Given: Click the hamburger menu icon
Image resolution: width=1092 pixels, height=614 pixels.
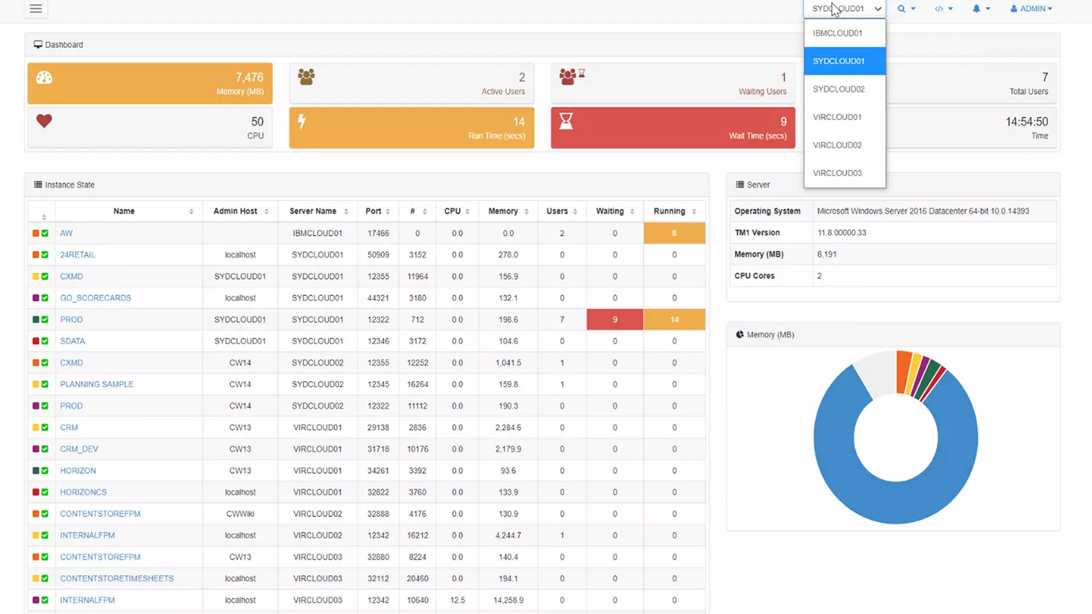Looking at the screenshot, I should (x=36, y=8).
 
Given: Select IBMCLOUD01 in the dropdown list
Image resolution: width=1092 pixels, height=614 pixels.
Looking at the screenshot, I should (x=838, y=33).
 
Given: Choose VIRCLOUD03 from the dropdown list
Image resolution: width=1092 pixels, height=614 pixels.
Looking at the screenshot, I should (x=838, y=173).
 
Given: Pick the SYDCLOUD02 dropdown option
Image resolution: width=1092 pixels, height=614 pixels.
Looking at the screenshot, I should (x=838, y=89).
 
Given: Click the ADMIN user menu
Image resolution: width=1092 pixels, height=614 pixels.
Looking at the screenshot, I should (x=1031, y=9).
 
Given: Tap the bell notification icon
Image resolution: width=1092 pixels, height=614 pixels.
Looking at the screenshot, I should (x=977, y=9).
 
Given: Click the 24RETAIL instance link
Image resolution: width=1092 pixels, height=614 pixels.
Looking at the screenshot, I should (x=77, y=255).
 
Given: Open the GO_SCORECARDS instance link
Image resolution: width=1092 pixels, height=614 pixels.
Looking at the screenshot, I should (x=95, y=298).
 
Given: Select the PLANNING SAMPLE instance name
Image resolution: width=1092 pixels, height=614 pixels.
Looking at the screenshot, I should (x=97, y=385).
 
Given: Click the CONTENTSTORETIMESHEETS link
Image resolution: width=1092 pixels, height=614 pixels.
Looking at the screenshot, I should (x=117, y=579).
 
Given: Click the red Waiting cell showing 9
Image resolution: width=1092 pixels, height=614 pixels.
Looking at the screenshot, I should (x=615, y=320).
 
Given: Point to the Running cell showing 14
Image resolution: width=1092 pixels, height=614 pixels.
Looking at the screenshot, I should (x=674, y=320).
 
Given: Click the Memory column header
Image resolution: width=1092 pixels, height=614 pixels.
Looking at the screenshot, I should (x=503, y=212).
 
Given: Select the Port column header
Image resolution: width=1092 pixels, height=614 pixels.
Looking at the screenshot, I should (x=374, y=212).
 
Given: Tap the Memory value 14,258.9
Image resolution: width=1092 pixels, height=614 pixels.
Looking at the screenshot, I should (x=508, y=600).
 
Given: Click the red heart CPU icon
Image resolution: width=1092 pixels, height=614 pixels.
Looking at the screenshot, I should (x=44, y=121).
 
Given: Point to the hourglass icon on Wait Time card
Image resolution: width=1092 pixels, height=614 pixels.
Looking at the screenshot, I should (x=566, y=121).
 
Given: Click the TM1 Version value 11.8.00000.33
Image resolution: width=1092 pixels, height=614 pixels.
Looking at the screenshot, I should (x=842, y=233).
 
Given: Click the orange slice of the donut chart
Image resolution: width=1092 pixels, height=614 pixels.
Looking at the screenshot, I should (x=903, y=372).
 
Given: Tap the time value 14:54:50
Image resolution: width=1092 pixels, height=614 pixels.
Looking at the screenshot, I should (x=1027, y=122).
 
